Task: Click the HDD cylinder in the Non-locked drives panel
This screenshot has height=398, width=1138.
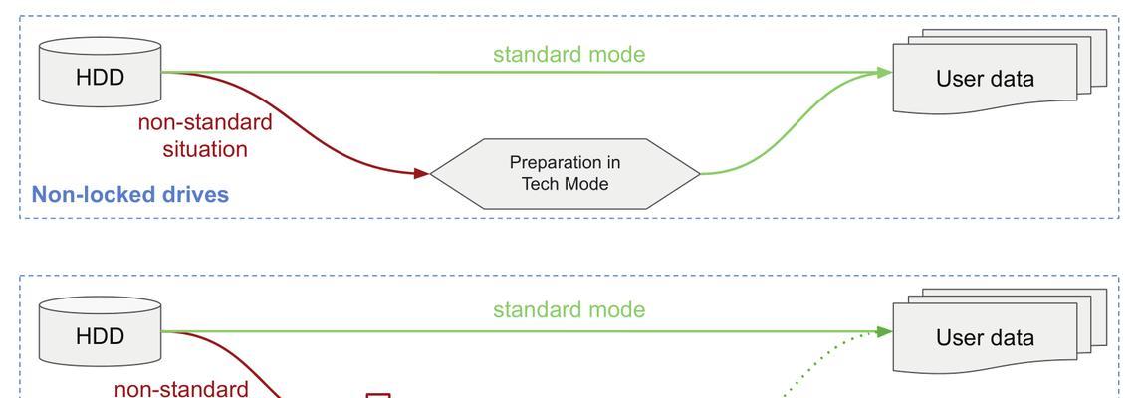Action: click(x=100, y=72)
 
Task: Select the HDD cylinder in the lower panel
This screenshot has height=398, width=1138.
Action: click(x=100, y=331)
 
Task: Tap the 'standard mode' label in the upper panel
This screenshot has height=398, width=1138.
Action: click(x=569, y=55)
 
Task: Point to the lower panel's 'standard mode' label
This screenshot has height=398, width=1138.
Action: click(x=569, y=310)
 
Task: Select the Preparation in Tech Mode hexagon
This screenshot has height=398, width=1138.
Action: click(x=565, y=174)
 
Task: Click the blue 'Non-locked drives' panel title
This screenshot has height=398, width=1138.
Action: click(x=130, y=194)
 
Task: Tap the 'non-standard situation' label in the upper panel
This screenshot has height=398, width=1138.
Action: click(x=205, y=135)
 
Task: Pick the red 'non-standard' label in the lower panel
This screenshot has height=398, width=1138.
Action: click(x=181, y=389)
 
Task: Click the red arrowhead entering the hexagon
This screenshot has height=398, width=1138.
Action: click(x=421, y=173)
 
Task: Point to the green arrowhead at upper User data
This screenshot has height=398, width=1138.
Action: click(x=883, y=73)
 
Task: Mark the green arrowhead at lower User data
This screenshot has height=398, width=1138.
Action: click(x=883, y=332)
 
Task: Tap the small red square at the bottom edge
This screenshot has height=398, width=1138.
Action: click(x=378, y=396)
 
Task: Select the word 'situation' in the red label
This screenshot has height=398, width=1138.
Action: click(x=205, y=149)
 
